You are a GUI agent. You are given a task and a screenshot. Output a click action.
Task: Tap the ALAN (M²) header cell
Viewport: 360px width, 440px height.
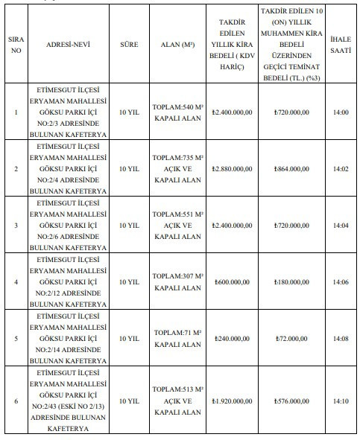(177, 45)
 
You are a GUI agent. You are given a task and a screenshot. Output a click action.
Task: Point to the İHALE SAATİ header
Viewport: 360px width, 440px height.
(341, 45)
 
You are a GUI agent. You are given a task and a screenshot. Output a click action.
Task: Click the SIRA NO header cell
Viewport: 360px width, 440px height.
(15, 45)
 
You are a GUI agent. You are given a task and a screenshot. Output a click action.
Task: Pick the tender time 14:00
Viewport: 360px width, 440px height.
(341, 112)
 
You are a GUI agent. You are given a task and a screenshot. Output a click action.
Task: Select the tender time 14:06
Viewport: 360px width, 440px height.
(341, 282)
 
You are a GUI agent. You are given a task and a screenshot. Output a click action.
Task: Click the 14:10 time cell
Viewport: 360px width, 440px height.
(341, 401)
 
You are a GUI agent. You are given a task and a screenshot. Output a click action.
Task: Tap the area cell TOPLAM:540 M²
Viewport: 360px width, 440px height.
(177, 112)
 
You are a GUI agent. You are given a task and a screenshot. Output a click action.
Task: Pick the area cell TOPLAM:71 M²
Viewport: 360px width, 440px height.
(177, 338)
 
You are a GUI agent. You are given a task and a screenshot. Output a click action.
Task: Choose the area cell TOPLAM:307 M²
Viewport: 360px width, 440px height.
(177, 282)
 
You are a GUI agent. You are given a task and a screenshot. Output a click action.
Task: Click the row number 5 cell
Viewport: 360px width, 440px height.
(15, 338)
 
